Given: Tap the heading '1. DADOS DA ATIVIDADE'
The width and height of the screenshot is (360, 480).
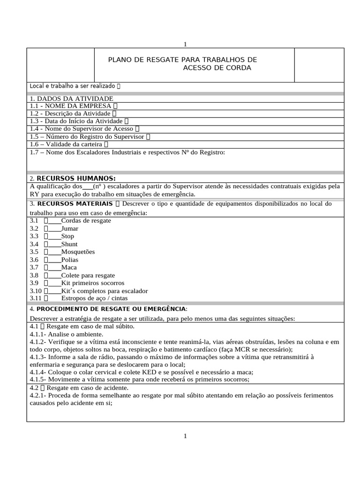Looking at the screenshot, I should [x=71, y=98].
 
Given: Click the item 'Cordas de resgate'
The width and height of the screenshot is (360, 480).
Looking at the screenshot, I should [x=86, y=220].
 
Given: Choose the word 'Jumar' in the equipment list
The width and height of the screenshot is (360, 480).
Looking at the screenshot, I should [x=70, y=228].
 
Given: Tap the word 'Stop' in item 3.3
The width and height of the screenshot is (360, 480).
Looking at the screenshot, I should [x=67, y=236].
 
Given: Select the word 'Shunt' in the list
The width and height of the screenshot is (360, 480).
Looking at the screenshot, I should [x=69, y=244].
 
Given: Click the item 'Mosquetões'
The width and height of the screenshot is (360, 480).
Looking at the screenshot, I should [x=78, y=252].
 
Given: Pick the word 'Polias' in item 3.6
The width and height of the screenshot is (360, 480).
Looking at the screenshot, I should [x=70, y=259].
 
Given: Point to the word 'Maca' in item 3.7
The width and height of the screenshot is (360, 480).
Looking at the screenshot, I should [x=69, y=267].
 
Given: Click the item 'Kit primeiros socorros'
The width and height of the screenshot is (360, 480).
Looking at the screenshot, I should [x=93, y=283].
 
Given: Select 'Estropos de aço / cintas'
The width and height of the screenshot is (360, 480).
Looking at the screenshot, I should [x=94, y=298].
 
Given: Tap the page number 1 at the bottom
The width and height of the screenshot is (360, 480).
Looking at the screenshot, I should [x=185, y=436].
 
